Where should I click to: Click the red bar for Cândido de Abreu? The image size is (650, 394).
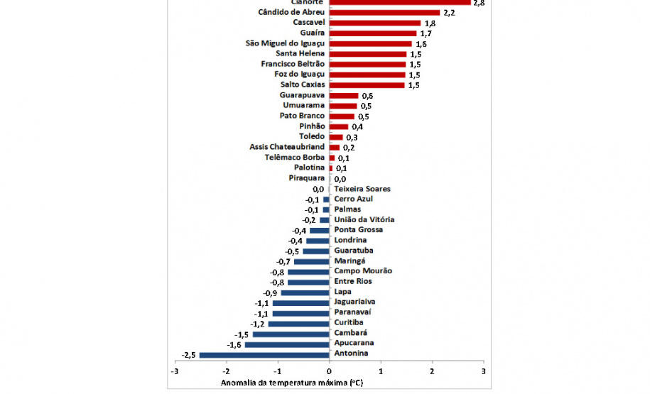pyautogui.click(x=384, y=13)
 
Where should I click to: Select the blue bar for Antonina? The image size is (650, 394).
pyautogui.click(x=264, y=354)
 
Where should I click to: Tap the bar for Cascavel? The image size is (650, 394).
pyautogui.click(x=375, y=23)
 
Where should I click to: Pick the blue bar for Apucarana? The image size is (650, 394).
pyautogui.click(x=287, y=344)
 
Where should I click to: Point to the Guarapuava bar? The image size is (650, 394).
pyautogui.click(x=344, y=95)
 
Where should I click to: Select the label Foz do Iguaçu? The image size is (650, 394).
pyautogui.click(x=299, y=75)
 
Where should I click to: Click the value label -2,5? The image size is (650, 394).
pyautogui.click(x=188, y=354)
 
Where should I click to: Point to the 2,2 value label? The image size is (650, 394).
pyautogui.click(x=449, y=13)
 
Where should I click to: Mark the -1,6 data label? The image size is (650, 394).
pyautogui.click(x=234, y=344)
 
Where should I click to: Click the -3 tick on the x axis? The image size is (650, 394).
pyautogui.click(x=175, y=371)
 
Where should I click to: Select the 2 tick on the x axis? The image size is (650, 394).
pyautogui.click(x=432, y=371)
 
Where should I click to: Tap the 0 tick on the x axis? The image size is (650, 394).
pyautogui.click(x=330, y=371)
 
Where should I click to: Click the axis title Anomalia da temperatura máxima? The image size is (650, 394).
pyautogui.click(x=292, y=383)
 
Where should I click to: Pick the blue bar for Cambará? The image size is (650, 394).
pyautogui.click(x=291, y=334)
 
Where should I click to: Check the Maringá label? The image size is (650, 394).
pyautogui.click(x=350, y=261)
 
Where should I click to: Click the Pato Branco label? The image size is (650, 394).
pyautogui.click(x=302, y=116)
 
